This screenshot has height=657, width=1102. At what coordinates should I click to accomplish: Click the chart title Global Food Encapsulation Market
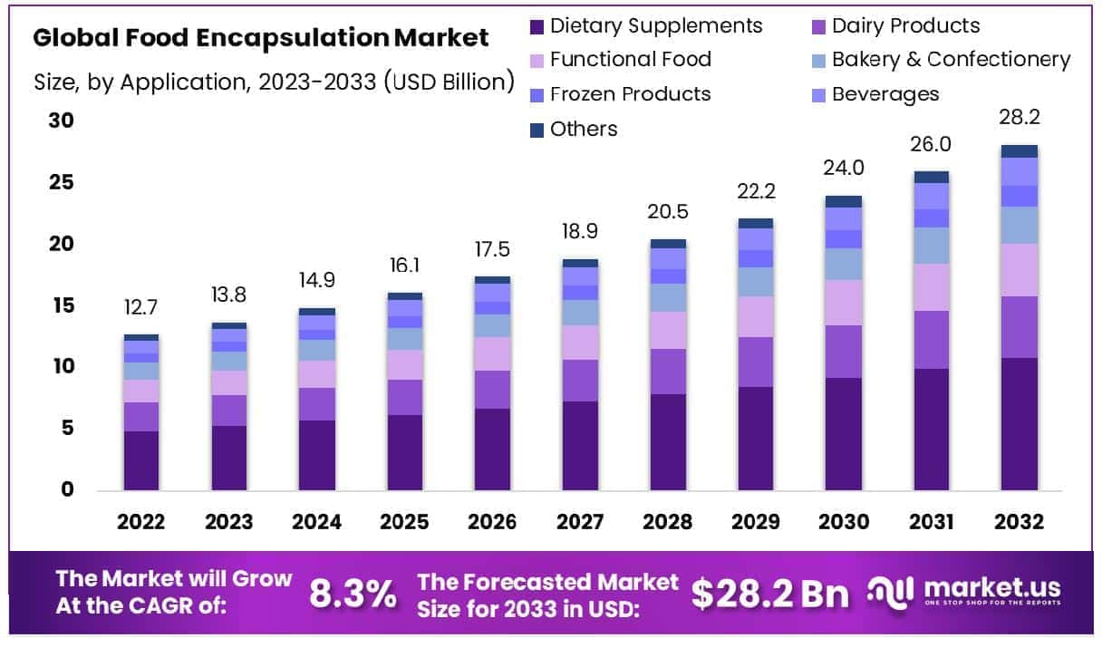[x=260, y=38]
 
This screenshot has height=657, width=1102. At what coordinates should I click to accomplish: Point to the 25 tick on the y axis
[x=63, y=183]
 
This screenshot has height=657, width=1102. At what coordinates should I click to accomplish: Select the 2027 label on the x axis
[x=580, y=523]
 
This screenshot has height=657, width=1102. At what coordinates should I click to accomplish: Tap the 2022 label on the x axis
[x=140, y=523]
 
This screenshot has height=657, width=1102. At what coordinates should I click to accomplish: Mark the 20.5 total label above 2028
[x=668, y=211]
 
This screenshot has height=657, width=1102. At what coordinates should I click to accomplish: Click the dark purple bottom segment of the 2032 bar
[x=1020, y=424]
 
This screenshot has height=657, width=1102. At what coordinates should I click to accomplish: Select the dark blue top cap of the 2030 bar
[x=844, y=201]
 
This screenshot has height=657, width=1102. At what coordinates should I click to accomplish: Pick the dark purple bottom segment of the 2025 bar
[x=404, y=452]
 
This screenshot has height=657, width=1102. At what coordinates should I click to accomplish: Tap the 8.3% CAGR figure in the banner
[x=353, y=594]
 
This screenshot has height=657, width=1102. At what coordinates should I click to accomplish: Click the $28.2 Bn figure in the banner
[x=770, y=594]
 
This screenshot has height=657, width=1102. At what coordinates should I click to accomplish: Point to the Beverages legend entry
[x=884, y=94]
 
